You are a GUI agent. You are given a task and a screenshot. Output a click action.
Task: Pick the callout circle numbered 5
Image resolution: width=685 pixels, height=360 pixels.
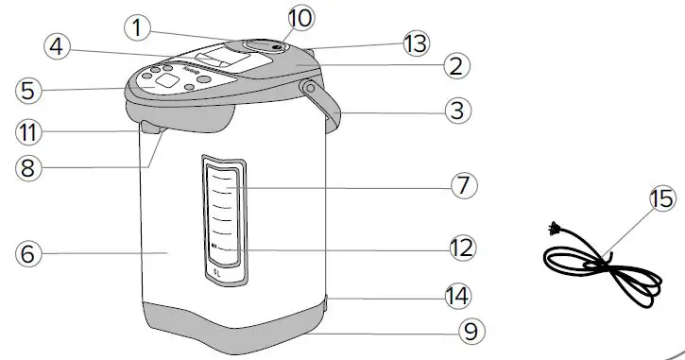click(29, 91)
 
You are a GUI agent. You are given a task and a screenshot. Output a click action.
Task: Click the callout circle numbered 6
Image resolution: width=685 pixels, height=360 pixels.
click(28, 253)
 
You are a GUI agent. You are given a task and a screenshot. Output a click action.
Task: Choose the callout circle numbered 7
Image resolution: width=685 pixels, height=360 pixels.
click(461, 185)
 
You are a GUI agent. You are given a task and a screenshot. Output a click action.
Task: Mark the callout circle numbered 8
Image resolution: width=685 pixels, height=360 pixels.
click(29, 166)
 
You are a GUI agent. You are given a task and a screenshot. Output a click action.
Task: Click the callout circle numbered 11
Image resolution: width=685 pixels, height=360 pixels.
click(28, 129)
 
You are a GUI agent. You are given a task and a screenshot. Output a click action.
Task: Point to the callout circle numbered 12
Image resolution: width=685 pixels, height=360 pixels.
click(461, 249)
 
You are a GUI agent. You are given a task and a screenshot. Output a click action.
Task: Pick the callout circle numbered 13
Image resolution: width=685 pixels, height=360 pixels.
click(414, 43)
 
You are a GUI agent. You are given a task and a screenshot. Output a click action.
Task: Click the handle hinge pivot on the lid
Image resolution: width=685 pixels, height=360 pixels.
click(309, 88)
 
